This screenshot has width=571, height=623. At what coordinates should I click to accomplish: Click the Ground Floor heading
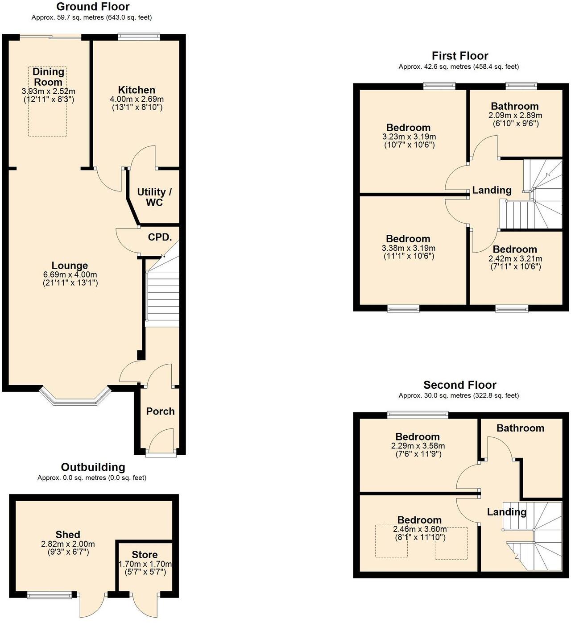click(93, 7)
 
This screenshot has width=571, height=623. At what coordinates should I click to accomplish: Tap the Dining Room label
click(48, 77)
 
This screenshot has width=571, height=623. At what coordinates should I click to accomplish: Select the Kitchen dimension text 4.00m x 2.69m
click(137, 99)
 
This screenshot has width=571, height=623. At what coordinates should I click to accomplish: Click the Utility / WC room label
click(154, 197)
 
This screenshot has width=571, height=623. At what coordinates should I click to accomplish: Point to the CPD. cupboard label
click(160, 237)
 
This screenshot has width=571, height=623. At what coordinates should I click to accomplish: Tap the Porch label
click(160, 411)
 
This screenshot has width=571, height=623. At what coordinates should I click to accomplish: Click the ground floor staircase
click(163, 295)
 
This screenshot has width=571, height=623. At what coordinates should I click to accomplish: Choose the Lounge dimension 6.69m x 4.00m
click(70, 275)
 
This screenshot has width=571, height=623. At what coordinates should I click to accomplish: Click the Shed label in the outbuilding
click(68, 534)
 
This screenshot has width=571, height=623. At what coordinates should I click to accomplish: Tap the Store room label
click(145, 554)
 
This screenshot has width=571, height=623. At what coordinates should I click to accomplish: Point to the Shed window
click(49, 595)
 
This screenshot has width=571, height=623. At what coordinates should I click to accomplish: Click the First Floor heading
click(459, 56)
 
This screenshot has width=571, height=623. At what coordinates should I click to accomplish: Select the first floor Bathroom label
click(514, 106)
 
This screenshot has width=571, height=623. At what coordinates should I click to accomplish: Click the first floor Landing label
click(492, 190)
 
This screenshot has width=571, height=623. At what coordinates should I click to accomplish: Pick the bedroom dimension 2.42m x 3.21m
click(515, 259)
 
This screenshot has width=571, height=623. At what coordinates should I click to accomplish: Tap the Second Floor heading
click(459, 385)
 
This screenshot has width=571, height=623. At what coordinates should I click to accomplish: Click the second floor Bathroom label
click(520, 428)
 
